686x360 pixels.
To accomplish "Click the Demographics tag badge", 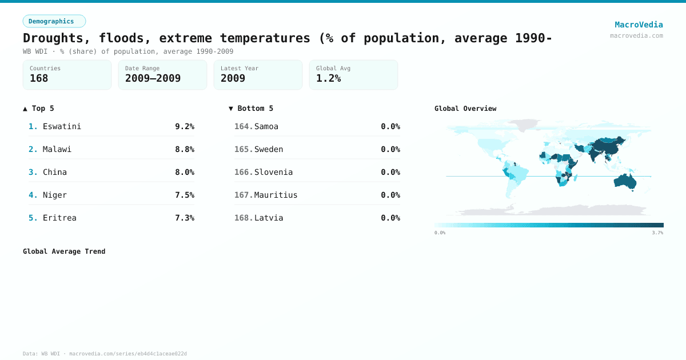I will [54, 21].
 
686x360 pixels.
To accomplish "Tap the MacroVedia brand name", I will [639, 25].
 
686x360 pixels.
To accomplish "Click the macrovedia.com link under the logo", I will [636, 35].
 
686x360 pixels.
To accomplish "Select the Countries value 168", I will [39, 78].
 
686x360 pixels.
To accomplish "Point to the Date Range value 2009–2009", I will [153, 78].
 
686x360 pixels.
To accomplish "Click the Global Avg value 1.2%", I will [328, 78].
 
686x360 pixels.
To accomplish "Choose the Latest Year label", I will [239, 68].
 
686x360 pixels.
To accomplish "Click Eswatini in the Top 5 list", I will [62, 126].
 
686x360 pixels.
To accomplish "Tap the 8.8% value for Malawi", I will [184, 149].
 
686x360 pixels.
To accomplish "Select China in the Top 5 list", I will [54, 172].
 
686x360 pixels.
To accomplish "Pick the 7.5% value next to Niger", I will [184, 195].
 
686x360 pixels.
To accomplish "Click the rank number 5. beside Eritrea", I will [33, 218].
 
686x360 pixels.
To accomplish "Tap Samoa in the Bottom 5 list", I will [266, 126].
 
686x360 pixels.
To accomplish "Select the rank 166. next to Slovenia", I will [243, 172].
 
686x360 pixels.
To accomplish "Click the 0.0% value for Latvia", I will [390, 218].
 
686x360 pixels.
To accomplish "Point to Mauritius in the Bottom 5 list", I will [276, 195].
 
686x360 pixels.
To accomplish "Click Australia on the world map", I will [625, 182].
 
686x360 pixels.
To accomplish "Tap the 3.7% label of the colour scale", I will [657, 233].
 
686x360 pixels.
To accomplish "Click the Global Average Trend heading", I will [64, 251].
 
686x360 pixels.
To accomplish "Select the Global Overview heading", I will [465, 109].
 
